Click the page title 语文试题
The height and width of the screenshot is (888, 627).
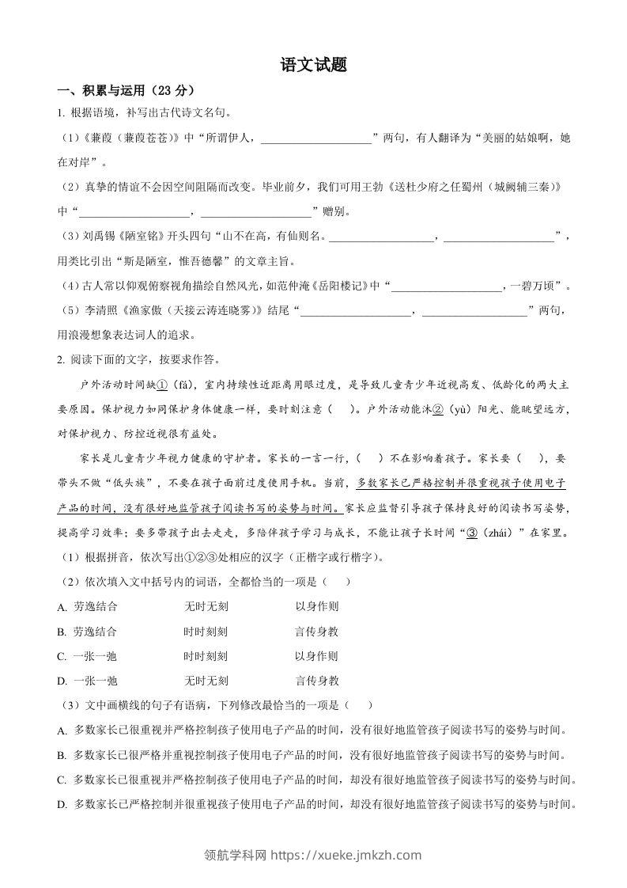click(x=313, y=66)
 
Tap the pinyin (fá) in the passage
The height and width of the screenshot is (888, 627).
click(x=183, y=385)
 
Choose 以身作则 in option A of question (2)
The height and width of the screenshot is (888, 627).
click(x=317, y=606)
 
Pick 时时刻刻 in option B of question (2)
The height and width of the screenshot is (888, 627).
click(x=206, y=632)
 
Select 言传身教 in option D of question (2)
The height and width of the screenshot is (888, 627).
click(x=317, y=680)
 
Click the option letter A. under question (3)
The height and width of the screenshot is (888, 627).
click(x=62, y=730)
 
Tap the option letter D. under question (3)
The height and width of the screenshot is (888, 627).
click(x=62, y=804)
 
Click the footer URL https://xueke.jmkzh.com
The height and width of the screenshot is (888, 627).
click(x=346, y=855)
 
